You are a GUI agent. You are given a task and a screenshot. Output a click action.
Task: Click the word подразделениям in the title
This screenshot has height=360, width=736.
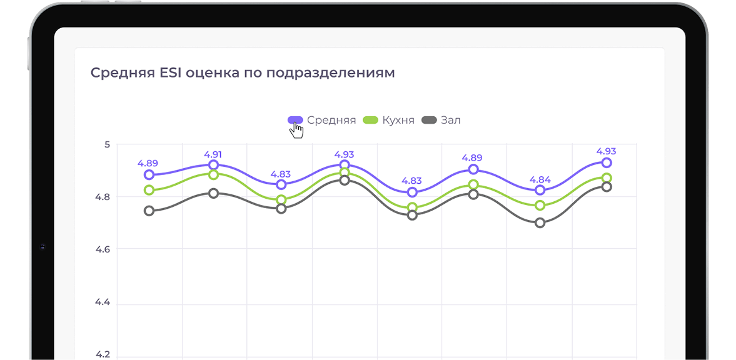pos(331,72)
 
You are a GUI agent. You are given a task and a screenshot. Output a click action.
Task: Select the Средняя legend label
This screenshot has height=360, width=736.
pos(331,120)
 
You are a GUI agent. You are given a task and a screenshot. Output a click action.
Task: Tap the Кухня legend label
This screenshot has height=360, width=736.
pos(398,120)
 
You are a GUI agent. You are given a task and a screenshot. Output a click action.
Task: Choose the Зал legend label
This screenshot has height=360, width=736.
pos(451,120)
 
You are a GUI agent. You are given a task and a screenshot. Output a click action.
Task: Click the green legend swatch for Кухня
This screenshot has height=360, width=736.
pos(371,120)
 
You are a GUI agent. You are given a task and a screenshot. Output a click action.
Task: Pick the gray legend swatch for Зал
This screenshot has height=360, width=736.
pos(430,120)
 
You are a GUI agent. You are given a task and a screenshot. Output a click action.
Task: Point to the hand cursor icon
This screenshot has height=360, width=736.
pos(296,130)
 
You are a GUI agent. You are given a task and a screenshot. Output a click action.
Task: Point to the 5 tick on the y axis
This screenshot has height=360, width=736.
pos(107,144)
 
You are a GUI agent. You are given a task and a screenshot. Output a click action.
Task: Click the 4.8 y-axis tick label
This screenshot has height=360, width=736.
pos(103,197)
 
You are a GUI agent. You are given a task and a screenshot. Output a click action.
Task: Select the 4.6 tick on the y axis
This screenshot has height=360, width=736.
pos(103,249)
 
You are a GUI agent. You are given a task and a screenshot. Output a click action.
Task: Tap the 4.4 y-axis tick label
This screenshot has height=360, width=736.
pos(103,302)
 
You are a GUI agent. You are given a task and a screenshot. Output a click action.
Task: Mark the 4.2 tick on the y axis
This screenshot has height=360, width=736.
pos(103,354)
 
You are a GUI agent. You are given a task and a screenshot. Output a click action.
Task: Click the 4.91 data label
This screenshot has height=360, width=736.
pos(213,154)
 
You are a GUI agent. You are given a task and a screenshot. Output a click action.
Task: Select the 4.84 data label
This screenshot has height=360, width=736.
pos(540,180)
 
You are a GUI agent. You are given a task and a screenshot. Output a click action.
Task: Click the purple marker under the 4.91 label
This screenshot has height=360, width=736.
pos(213,165)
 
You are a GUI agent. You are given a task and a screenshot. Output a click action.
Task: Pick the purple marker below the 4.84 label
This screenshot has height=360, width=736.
pos(540,190)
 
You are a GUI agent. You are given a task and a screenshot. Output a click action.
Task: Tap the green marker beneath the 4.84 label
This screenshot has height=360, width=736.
pos(540,206)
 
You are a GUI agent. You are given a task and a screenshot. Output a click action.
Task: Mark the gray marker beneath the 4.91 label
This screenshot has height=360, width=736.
pos(213,193)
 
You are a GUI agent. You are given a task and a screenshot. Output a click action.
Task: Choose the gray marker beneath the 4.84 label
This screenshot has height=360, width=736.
pos(540,223)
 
